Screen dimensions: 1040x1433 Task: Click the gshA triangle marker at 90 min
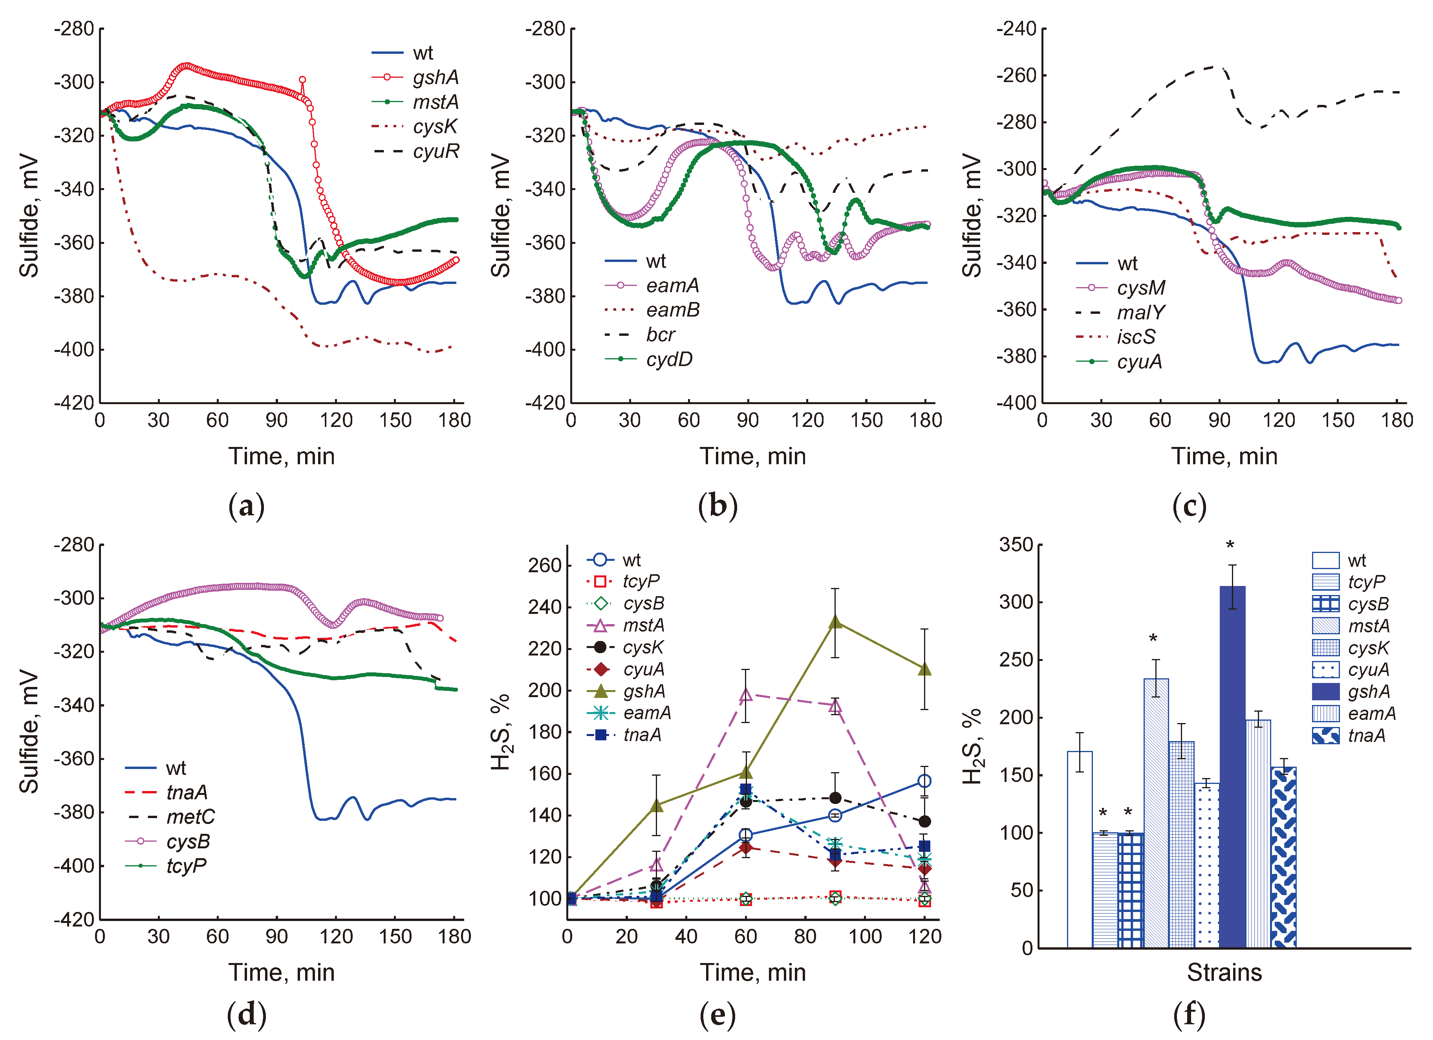(x=835, y=622)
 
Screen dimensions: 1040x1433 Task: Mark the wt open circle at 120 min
(x=924, y=781)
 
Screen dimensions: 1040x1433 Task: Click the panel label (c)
(x=1189, y=507)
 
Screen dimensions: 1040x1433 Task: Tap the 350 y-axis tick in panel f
(x=1016, y=545)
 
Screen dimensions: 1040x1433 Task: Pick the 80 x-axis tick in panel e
(x=805, y=936)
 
